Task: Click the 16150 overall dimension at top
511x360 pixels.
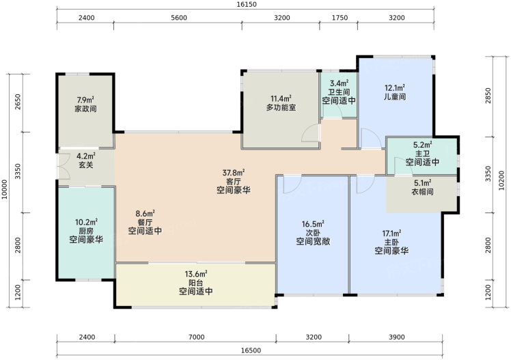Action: tap(247, 5)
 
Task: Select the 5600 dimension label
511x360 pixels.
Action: tap(179, 18)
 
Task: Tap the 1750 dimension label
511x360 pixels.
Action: tap(340, 18)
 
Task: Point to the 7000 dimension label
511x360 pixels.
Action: tap(197, 337)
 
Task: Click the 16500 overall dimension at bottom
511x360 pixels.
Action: tap(251, 350)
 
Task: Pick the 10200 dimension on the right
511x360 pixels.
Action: tap(501, 180)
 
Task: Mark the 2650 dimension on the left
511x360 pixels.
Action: tap(18, 102)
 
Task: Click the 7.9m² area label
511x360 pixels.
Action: tap(85, 100)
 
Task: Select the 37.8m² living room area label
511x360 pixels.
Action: tap(234, 172)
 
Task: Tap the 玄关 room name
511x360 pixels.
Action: tap(86, 165)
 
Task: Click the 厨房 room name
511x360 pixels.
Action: tap(86, 232)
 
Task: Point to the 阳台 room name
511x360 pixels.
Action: tap(196, 282)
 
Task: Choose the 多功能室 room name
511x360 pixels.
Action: tap(281, 107)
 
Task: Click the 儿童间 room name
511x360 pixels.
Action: tap(395, 97)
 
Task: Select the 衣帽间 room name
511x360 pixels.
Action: tap(422, 191)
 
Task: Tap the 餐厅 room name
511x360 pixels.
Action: tap(145, 223)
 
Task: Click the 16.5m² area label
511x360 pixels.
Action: tap(313, 224)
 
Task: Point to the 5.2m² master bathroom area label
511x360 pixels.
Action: tap(422, 144)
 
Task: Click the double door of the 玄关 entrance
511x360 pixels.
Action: tap(64, 166)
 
